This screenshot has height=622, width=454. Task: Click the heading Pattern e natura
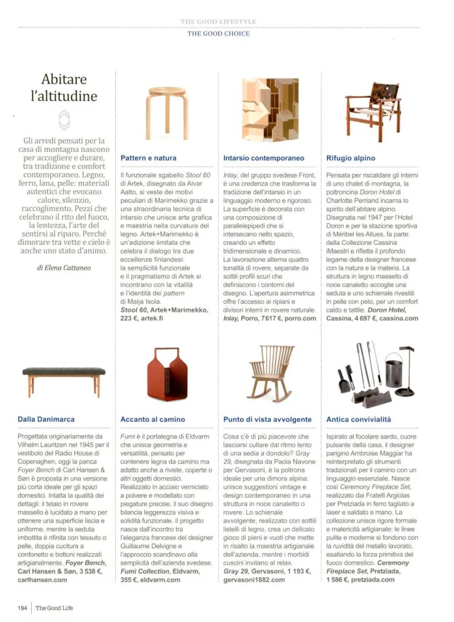pos(149,158)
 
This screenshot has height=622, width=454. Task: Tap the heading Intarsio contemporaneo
pos(264,158)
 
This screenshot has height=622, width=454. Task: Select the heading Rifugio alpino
pos(351,158)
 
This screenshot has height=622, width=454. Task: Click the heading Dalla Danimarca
pos(47,419)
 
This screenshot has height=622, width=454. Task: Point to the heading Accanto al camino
pos(153,419)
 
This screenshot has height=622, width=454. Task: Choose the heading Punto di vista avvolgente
pos(267,419)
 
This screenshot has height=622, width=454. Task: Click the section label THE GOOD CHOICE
pos(218,34)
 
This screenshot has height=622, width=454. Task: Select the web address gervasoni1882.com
pos(254,580)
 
